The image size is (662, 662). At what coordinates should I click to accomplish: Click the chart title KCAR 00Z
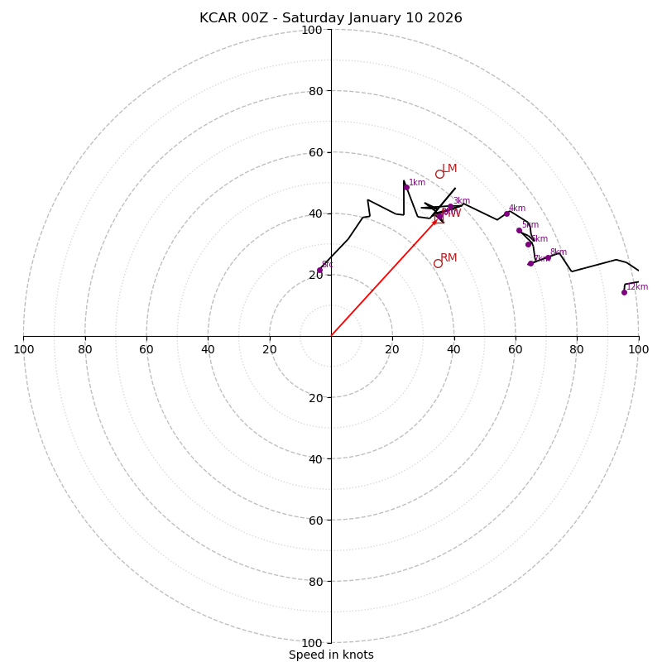[331, 18]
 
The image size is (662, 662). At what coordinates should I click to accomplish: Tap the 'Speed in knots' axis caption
[331, 655]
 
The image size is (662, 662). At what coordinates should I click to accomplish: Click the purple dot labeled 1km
[406, 187]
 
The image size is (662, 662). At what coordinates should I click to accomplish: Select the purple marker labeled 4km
[507, 213]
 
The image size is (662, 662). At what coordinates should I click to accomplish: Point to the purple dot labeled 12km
[624, 292]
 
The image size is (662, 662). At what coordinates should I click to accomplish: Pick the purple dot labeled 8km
[548, 257]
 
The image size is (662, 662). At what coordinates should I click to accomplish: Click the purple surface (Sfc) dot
[319, 271]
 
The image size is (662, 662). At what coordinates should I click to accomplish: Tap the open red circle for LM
[439, 175]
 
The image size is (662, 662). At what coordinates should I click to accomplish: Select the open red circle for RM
[438, 264]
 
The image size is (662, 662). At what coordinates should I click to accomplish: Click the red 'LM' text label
[449, 169]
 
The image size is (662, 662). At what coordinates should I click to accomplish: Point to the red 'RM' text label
[449, 258]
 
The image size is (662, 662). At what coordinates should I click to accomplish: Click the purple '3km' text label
[461, 201]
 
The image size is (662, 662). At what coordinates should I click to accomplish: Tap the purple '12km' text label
[637, 287]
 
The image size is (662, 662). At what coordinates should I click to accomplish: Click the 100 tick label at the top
[312, 30]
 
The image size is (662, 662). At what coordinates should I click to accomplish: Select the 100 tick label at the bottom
[312, 643]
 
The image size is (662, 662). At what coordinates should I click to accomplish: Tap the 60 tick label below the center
[312, 520]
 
